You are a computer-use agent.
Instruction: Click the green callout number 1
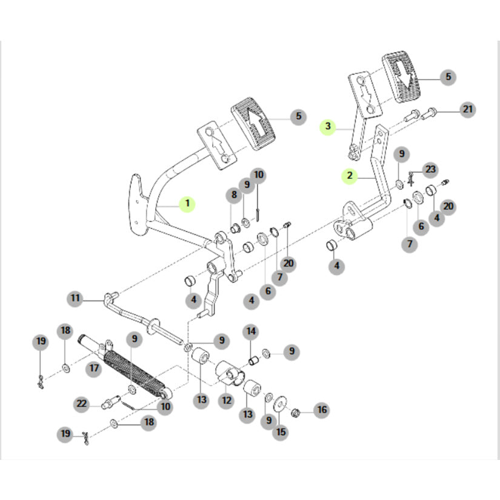point(187,204)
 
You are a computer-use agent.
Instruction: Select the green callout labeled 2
point(349,176)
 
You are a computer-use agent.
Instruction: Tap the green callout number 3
point(328,127)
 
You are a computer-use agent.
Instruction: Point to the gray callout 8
point(233,195)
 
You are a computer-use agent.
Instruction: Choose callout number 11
point(75,298)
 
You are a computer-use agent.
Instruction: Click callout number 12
point(226,401)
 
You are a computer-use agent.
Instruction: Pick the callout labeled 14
point(250,332)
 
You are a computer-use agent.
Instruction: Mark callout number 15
point(281,432)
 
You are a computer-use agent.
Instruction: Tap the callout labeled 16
point(321,410)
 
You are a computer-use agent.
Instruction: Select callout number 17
point(94,368)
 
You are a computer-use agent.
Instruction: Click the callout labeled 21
point(467,110)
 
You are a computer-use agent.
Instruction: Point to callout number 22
point(82,403)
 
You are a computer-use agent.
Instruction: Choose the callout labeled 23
point(429,169)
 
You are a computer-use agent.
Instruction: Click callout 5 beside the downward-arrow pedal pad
point(448,77)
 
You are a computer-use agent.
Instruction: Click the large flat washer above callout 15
point(281,403)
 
